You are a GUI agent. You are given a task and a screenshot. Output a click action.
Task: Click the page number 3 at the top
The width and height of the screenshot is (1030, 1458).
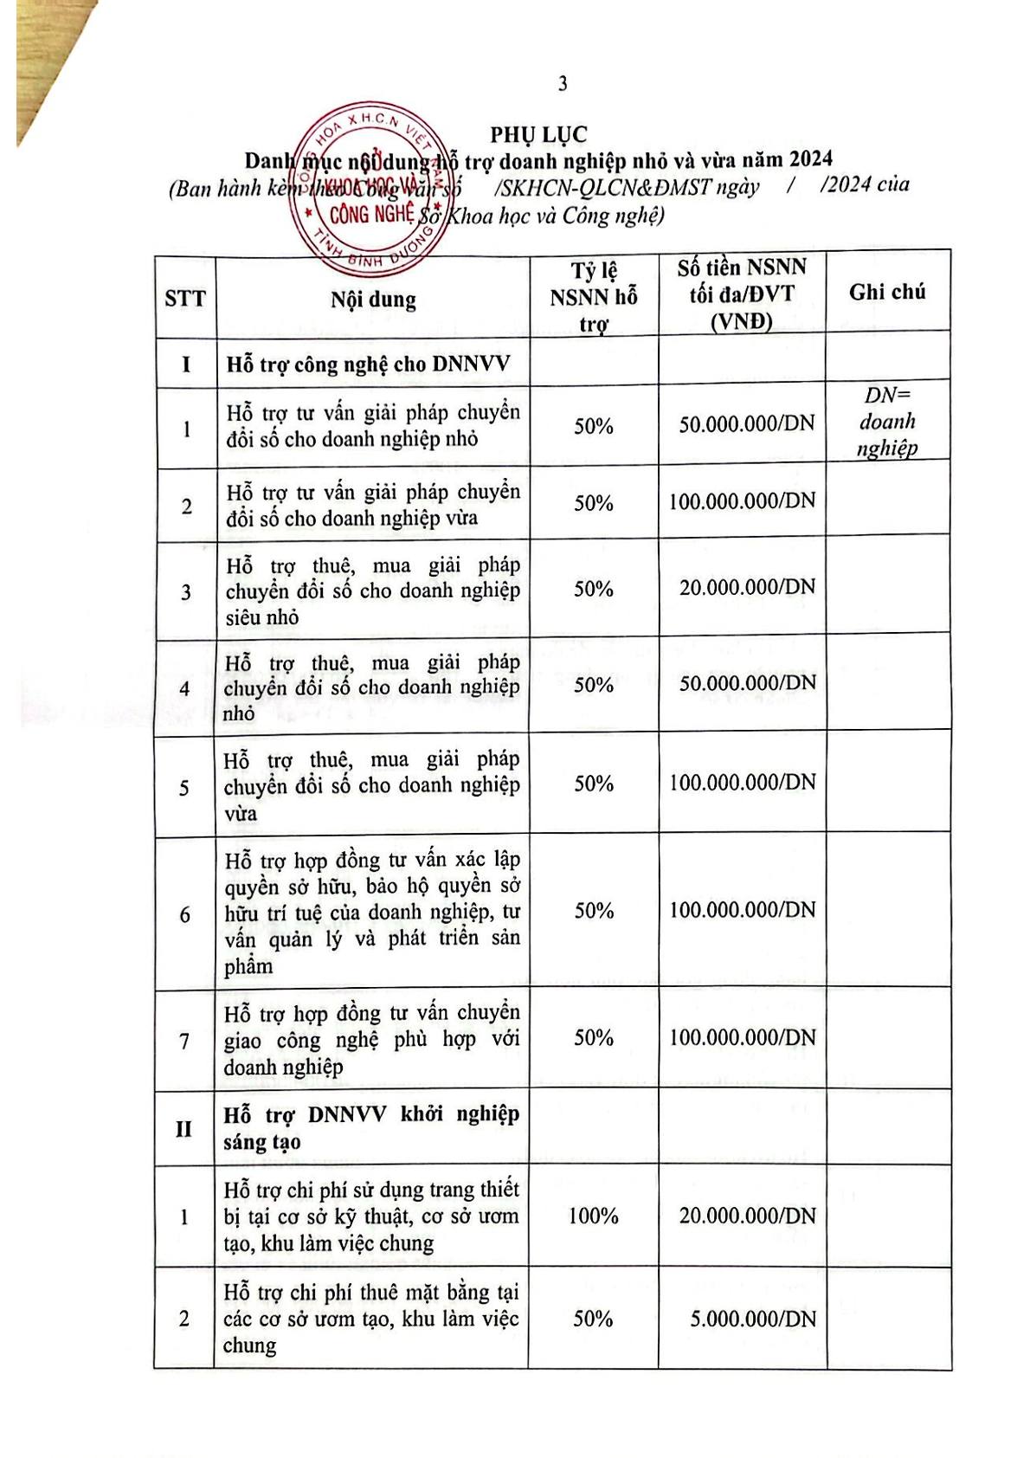[x=563, y=84]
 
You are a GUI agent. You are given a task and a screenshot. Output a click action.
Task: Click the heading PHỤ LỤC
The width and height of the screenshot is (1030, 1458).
[x=538, y=135]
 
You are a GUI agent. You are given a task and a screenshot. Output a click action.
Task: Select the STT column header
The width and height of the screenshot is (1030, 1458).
[x=185, y=300]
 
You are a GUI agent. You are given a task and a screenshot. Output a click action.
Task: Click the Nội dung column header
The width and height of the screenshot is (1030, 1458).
[x=373, y=300]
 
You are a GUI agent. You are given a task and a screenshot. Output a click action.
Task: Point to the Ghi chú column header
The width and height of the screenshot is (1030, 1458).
[x=887, y=293]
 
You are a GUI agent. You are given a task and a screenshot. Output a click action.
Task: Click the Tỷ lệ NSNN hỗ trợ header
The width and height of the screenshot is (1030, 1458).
[x=594, y=297]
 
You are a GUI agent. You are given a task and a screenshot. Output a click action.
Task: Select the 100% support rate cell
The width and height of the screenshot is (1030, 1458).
[x=593, y=1216]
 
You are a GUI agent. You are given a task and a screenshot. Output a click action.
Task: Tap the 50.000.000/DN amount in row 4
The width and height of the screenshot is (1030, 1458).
[x=747, y=683]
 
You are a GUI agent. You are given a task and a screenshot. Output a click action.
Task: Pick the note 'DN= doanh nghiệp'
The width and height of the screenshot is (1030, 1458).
[x=887, y=422]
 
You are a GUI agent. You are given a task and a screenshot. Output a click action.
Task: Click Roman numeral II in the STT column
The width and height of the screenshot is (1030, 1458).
[x=183, y=1130]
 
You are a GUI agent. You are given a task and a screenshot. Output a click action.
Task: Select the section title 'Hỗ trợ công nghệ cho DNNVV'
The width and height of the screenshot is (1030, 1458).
[x=368, y=364]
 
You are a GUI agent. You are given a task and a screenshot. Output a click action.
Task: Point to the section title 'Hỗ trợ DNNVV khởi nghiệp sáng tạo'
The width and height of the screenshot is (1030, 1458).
[x=370, y=1128]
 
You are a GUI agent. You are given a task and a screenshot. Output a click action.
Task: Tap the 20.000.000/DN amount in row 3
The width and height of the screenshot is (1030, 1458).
[x=747, y=588]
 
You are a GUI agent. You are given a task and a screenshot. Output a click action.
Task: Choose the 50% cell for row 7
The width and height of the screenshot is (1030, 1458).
[x=593, y=1038]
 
